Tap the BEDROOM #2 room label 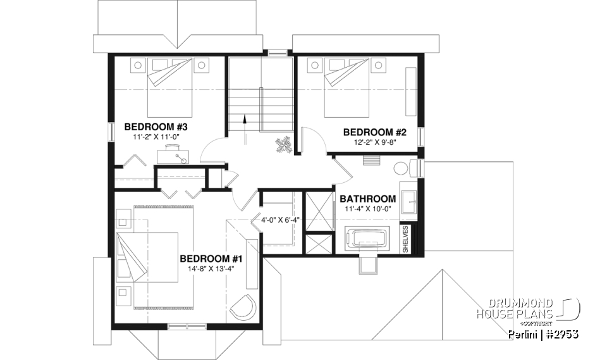point(374,132)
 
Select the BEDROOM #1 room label point(211,259)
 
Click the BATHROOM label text point(368,199)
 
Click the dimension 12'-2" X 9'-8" point(374,142)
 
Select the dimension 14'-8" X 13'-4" point(211,269)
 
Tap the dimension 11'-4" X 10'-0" point(368,209)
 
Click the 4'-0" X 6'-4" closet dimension point(280,220)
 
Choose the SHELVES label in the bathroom point(405,239)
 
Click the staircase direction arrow point(244,121)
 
